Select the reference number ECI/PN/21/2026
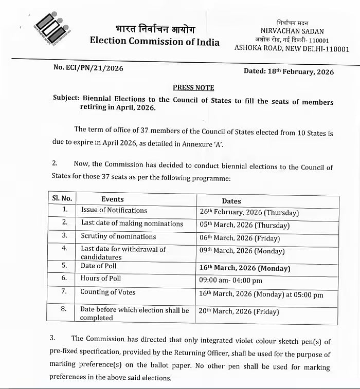[88, 67]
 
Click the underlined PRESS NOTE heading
[193, 87]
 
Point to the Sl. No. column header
[62, 198]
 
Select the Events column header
[113, 199]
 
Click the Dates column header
[231, 201]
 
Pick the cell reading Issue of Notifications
[114, 210]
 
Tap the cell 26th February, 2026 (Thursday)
[249, 212]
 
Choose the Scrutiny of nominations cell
[118, 236]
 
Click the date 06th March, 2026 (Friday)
[240, 238]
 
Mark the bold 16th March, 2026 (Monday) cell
[245, 268]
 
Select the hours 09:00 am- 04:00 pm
[231, 281]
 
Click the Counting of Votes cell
[108, 292]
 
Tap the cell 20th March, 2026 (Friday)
[239, 311]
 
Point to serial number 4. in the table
[64, 248]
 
